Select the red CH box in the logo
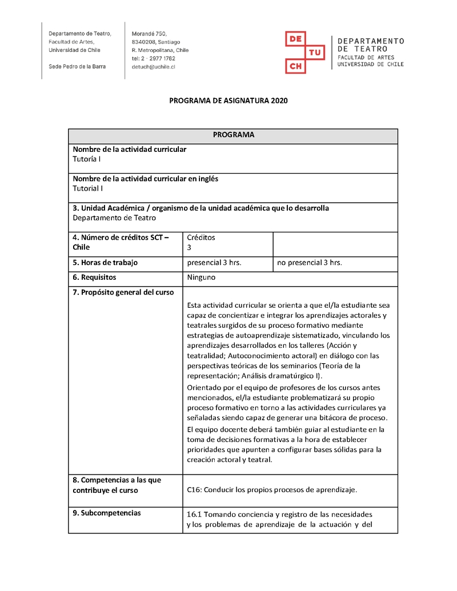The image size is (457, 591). (295, 66)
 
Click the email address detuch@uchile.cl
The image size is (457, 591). (153, 67)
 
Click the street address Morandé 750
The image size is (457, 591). (149, 34)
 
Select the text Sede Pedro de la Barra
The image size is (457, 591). (77, 66)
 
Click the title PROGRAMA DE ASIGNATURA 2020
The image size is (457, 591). (228, 101)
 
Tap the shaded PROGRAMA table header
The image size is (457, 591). (233, 135)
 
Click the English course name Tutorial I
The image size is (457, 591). (88, 188)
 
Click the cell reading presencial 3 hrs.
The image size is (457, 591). (214, 263)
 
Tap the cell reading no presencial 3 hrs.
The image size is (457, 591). (309, 263)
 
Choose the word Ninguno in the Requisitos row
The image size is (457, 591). (201, 278)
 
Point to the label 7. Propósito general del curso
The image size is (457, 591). (123, 292)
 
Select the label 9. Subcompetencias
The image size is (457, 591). (107, 513)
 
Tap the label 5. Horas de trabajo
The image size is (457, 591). (105, 263)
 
